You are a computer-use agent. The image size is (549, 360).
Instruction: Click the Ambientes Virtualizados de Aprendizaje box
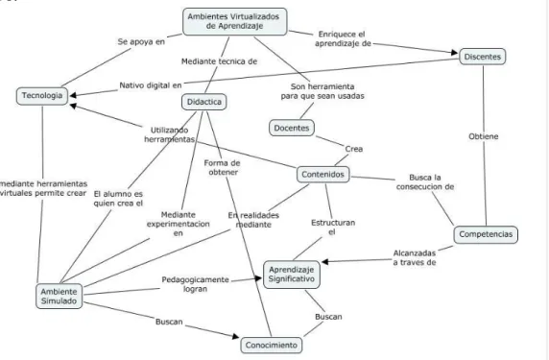tap(234, 21)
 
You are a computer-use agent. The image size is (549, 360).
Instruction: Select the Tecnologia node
tap(42, 96)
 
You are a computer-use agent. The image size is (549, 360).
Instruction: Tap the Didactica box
tap(204, 102)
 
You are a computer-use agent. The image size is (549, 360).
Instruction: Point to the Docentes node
tap(292, 128)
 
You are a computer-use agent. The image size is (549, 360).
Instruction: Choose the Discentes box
tap(483, 57)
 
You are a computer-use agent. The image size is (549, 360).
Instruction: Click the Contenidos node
tap(322, 175)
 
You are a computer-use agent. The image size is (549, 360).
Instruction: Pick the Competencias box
tap(486, 234)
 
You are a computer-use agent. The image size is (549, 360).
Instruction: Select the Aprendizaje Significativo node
tap(292, 275)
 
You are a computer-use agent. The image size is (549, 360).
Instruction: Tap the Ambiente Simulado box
tap(59, 297)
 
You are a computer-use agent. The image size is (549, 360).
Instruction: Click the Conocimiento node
tap(272, 346)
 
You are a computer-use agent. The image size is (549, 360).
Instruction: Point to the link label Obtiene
tap(484, 136)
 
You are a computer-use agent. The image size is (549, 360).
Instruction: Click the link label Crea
tap(354, 149)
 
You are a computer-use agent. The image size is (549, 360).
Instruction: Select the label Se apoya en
tap(141, 41)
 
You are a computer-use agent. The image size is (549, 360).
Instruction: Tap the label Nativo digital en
tap(151, 85)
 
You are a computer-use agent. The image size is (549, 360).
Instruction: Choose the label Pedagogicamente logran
tap(196, 284)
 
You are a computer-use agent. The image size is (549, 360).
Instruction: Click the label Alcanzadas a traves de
tap(415, 257)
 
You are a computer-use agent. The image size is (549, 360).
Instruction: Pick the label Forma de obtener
tap(223, 168)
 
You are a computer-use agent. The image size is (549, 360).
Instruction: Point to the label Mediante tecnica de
tap(219, 61)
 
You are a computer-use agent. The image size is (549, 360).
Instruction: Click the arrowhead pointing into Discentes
tap(455, 53)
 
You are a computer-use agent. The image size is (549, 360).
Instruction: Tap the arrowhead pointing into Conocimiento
tap(236, 336)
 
